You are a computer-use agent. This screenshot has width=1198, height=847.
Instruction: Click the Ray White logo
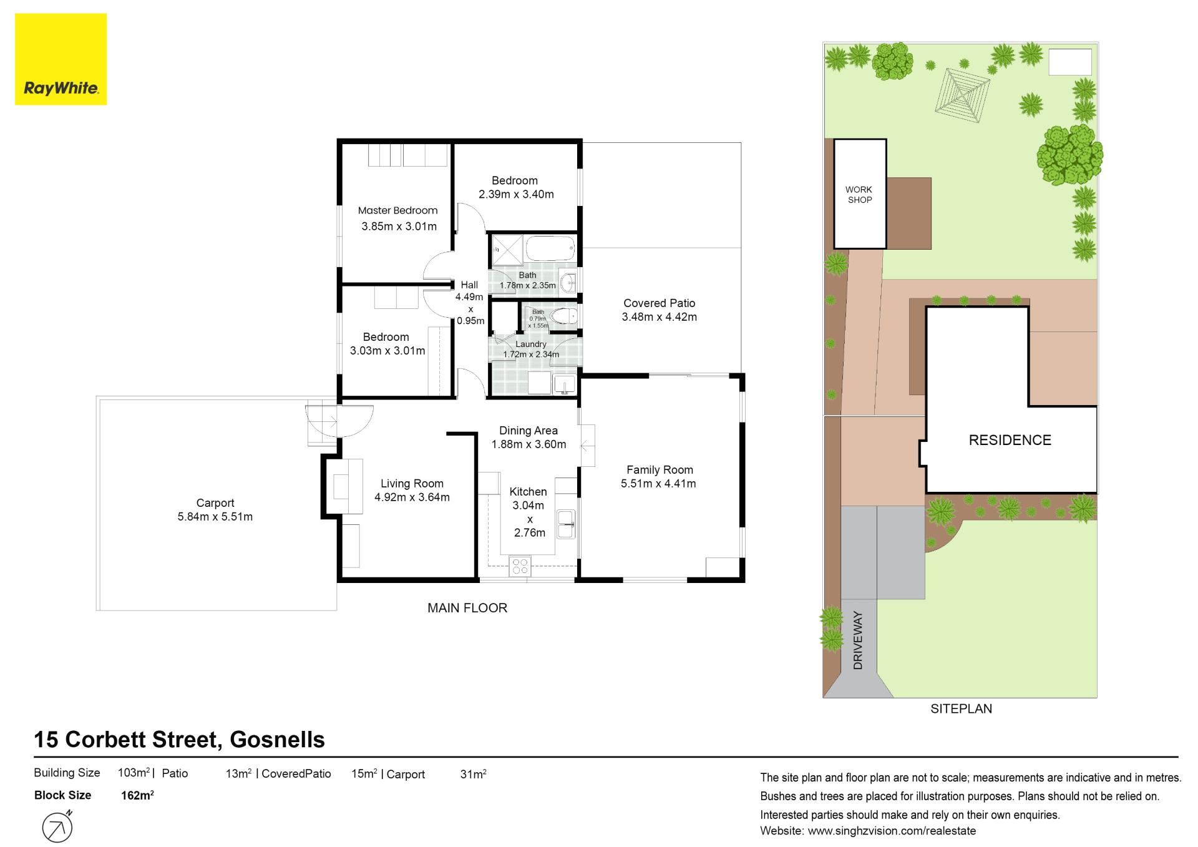(61, 59)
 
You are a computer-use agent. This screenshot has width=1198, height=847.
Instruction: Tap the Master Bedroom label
(397, 210)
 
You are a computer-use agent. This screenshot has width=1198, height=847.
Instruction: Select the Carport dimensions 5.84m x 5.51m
(215, 517)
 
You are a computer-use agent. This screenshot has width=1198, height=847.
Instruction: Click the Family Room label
(660, 470)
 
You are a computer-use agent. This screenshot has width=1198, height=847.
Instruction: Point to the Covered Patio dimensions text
(660, 317)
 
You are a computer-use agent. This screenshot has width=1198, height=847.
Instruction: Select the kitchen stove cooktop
(520, 567)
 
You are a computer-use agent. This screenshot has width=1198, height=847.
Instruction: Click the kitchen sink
(567, 524)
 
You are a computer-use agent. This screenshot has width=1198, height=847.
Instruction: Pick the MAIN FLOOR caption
(467, 608)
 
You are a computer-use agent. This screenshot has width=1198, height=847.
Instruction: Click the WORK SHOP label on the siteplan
(859, 195)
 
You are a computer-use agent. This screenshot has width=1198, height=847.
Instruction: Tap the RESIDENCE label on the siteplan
(1010, 440)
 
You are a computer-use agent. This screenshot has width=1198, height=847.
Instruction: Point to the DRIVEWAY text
(858, 640)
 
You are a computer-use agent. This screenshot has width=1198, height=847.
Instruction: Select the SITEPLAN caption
(961, 708)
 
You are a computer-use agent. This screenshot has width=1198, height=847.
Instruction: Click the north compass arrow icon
(58, 828)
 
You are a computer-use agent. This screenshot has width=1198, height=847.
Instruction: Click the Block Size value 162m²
(137, 795)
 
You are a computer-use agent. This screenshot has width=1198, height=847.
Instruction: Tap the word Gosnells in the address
(277, 740)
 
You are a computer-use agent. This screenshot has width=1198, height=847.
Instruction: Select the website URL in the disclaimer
(892, 831)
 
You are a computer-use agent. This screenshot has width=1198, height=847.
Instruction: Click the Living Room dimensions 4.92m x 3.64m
(412, 497)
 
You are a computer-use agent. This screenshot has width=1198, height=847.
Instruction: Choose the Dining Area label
(528, 431)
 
